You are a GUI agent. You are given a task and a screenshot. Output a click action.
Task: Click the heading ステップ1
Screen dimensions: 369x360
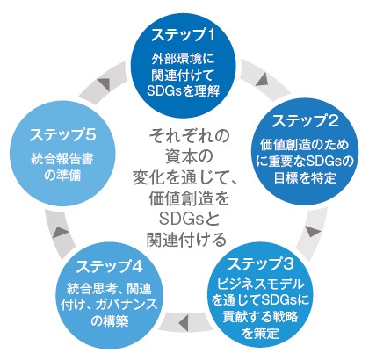[183, 35]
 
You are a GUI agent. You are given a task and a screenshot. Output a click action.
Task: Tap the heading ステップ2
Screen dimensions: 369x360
[306, 121]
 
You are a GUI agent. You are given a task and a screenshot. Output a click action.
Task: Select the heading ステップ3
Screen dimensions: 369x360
[260, 264]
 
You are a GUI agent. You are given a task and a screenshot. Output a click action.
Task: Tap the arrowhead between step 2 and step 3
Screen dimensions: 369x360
[312, 231]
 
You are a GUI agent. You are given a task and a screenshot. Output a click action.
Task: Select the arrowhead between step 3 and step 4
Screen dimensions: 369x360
[184, 321]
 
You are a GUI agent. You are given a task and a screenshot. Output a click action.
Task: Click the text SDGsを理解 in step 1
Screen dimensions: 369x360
[183, 91]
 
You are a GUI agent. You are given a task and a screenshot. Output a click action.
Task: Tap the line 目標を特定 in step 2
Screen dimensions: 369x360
[305, 177]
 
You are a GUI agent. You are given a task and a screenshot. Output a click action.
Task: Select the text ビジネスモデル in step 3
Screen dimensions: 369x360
[260, 284]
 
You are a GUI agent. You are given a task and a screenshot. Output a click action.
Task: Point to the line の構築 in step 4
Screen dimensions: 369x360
[109, 321]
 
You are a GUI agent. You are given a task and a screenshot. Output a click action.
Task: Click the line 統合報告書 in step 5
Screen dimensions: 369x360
[62, 160]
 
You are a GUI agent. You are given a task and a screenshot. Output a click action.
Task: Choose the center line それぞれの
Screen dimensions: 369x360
[189, 136]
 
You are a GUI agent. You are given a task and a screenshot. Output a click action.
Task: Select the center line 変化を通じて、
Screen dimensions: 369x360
[187, 177]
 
